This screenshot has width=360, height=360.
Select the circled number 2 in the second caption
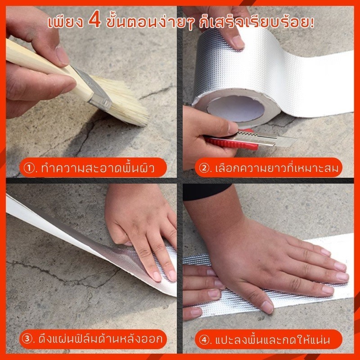(204, 168)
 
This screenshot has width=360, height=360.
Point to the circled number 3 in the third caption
(27, 339)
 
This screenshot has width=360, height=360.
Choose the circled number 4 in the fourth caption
(204, 340)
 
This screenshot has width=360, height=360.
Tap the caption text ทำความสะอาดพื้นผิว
(98, 168)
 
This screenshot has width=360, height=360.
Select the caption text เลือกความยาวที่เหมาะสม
(277, 168)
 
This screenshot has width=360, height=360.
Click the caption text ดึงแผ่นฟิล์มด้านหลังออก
(100, 339)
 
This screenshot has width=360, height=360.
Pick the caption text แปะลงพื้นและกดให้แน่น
(273, 340)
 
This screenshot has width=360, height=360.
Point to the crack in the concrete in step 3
(64, 274)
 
